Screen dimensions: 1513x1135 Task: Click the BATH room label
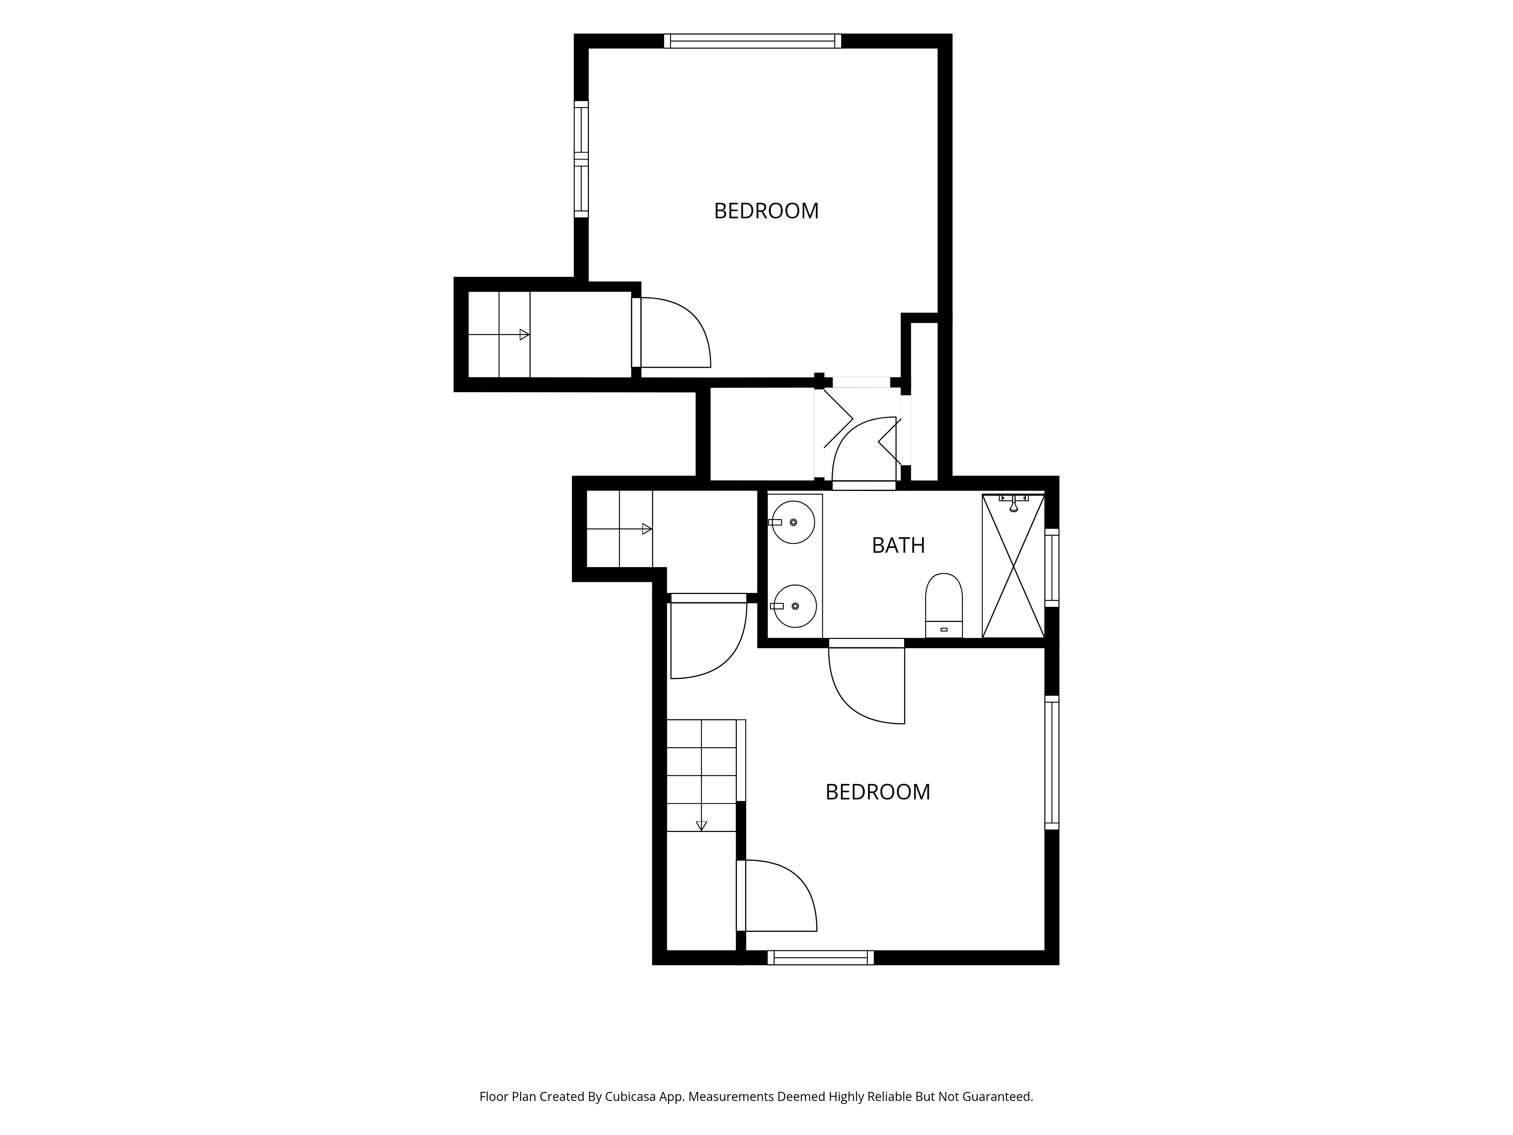(x=898, y=545)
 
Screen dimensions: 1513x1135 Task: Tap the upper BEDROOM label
(x=766, y=211)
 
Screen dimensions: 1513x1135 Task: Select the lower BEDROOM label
(x=878, y=791)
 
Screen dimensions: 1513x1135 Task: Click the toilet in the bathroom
(x=944, y=605)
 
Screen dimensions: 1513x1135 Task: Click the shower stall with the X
(x=1013, y=566)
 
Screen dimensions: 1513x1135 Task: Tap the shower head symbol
(x=1014, y=504)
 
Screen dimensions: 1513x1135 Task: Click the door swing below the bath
(x=867, y=684)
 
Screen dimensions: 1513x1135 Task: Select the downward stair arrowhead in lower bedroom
(x=701, y=826)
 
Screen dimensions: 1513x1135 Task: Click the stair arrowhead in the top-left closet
(x=525, y=334)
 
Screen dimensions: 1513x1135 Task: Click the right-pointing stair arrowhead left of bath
(x=646, y=529)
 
